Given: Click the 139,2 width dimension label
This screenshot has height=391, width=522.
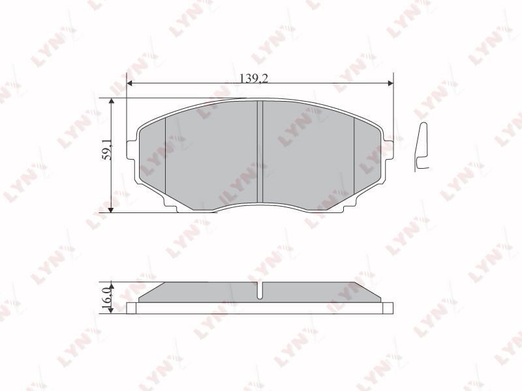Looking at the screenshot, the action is point(254,78).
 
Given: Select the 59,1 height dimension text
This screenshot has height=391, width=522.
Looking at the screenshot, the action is point(107,150).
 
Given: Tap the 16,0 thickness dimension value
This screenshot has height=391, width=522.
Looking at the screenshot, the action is point(106,297).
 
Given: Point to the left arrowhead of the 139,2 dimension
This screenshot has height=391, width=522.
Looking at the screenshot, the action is point(130,83).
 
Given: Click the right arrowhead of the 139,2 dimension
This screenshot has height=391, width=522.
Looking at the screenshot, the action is point(390,83).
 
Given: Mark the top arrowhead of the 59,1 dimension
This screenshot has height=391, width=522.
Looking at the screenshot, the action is point(111,102).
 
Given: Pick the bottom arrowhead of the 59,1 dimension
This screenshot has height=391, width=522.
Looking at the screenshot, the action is point(111,209).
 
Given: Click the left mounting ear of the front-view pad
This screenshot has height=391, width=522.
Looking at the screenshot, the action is point(132,150).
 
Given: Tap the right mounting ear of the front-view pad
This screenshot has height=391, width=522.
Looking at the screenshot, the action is point(388,150).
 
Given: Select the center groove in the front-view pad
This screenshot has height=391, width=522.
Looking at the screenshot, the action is point(260,152).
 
